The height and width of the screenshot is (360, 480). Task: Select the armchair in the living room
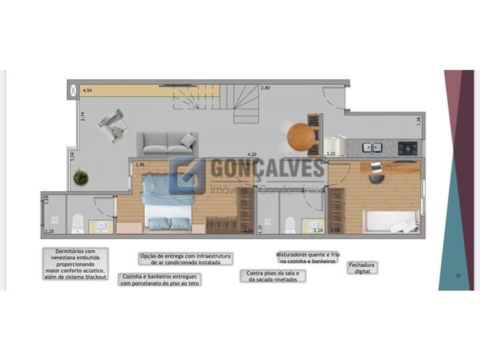(113, 125)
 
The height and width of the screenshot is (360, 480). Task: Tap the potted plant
(81, 178)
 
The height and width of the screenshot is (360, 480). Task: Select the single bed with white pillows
(390, 220)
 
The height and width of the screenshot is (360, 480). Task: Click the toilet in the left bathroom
(77, 224)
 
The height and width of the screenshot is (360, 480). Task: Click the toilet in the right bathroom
(290, 225)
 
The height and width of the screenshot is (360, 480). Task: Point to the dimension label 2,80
(265, 88)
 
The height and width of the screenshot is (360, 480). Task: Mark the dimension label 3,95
(140, 165)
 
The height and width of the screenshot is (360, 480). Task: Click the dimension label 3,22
(331, 154)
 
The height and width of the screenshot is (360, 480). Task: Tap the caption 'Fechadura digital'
(362, 268)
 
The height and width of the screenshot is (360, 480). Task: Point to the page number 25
(458, 275)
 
